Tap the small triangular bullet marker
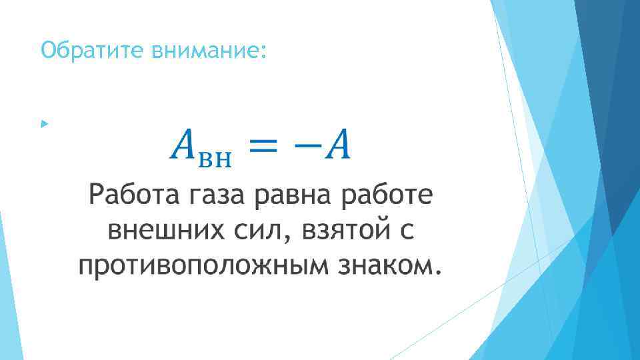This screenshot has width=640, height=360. [44, 124]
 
